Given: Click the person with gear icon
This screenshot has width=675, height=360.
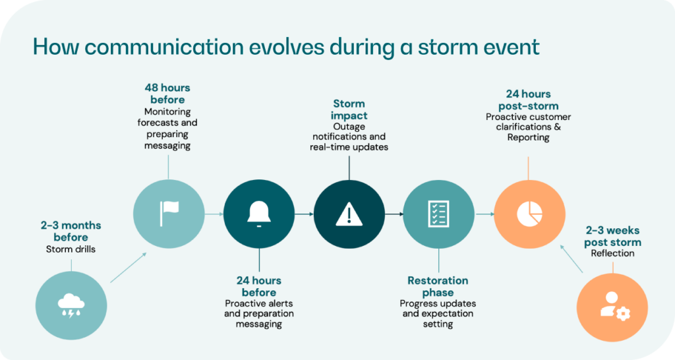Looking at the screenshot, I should click(612, 304).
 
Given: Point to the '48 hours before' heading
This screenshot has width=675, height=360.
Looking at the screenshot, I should click(167, 93).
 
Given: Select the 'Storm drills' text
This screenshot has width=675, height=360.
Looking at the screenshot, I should click(71, 249).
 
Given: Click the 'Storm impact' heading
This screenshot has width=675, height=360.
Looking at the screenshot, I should click(349, 109).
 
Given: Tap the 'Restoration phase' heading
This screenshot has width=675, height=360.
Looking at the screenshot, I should click(438, 286).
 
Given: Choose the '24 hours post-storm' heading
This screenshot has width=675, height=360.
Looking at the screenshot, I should click(529, 100).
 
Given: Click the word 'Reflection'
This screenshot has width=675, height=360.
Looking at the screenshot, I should click(613, 253).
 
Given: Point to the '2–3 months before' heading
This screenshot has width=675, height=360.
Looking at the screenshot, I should click(71, 231).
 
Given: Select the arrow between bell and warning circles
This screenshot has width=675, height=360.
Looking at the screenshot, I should click(304, 214).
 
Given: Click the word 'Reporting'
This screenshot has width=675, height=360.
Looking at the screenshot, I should click(529, 137).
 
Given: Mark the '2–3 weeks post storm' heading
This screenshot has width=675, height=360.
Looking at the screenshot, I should click(613, 236).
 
